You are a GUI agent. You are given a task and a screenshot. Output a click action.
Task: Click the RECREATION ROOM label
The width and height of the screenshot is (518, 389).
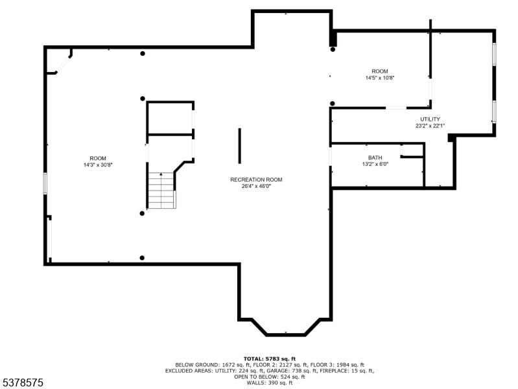[x=256, y=180]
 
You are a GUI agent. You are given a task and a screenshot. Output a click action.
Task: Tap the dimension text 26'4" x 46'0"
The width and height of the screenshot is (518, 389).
[x=256, y=186]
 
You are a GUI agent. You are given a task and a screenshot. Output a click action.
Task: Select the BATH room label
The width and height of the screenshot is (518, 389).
[x=375, y=158]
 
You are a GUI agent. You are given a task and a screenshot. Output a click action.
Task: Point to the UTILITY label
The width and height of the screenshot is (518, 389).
[x=430, y=119]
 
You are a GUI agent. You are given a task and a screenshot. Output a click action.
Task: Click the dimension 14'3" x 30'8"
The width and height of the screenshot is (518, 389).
[x=98, y=165]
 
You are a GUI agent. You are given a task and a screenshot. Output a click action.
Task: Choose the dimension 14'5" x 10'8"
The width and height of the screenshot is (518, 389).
[x=379, y=78]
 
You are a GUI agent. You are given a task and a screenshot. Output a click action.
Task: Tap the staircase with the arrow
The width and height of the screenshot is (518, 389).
[x=161, y=190]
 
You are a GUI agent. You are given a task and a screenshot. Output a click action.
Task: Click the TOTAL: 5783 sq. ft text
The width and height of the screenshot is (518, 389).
[x=270, y=359]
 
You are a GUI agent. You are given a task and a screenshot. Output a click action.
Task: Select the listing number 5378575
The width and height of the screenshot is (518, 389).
[x=22, y=383]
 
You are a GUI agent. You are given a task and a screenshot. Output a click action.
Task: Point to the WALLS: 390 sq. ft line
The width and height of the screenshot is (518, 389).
[x=270, y=383]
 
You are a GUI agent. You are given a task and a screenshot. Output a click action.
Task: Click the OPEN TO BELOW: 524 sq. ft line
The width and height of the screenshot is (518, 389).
[x=270, y=377]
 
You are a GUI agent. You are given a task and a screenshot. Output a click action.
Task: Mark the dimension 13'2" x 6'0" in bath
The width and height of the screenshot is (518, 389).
[x=375, y=165]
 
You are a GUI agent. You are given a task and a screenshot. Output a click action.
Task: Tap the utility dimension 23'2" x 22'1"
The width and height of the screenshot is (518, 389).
[x=430, y=126]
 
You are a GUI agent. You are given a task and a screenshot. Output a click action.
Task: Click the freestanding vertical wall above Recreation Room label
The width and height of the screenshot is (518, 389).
[x=239, y=146]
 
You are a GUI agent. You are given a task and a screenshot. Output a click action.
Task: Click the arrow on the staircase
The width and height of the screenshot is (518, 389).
[x=161, y=176]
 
